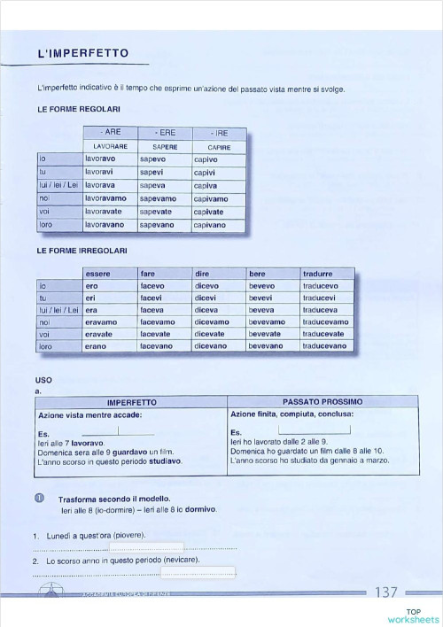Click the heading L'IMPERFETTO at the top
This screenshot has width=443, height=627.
[x=83, y=54]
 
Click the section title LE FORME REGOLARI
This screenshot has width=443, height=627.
[x=79, y=109]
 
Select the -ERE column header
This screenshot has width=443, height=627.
[x=165, y=132]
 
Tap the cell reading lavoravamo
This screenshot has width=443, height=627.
[x=105, y=199]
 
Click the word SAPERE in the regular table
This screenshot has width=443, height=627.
[x=165, y=146]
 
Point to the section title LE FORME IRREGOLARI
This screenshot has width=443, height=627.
[x=82, y=252]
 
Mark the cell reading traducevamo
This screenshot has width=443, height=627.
[x=325, y=322]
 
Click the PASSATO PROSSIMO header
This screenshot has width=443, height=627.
[x=323, y=402]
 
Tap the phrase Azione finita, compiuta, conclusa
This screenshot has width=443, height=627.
[x=292, y=414]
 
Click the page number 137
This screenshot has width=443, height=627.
[x=387, y=592]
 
